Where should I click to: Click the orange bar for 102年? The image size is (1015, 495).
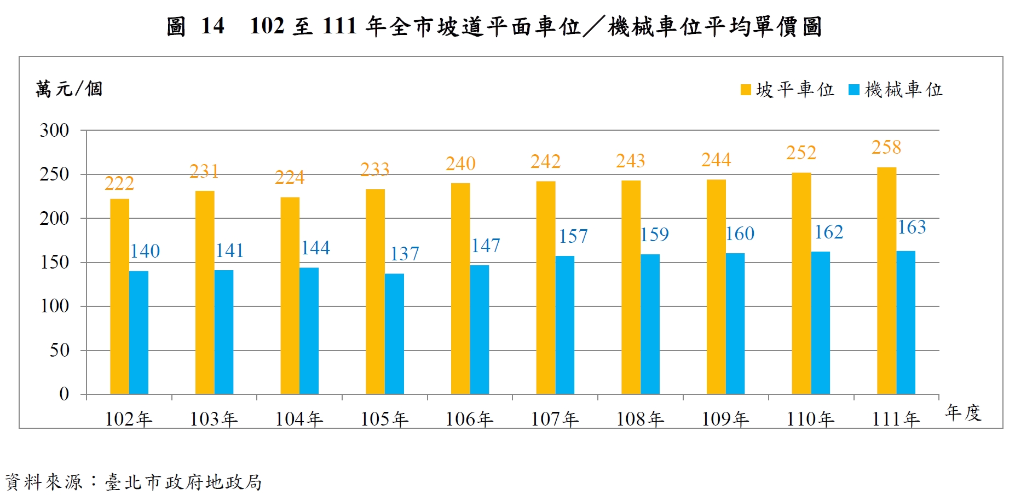coord(119,296)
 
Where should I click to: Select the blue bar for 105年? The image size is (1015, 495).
coord(394,334)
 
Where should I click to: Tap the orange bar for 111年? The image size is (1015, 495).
coord(886,281)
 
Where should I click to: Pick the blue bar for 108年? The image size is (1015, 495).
coord(650,324)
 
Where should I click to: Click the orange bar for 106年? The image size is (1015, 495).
coord(460,288)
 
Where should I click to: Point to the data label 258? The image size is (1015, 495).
coord(886,147)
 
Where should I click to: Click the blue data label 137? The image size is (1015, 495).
coord(405,254)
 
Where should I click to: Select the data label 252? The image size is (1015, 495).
coord(801,153)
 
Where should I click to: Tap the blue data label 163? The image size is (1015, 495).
coord(912,227)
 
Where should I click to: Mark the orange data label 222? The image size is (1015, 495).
coord(119,183)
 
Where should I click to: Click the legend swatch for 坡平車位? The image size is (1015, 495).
coord(746,90)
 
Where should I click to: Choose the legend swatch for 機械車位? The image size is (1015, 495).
coord(853,90)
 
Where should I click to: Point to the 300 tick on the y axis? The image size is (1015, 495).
coord(54,130)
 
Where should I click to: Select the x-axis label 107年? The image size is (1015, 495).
coord(555,419)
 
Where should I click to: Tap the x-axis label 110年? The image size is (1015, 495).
coord(810,419)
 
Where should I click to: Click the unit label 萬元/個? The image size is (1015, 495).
coord(69,89)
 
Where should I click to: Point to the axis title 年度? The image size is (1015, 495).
coord(963,412)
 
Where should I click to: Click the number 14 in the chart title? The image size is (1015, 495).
coord(212,26)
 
